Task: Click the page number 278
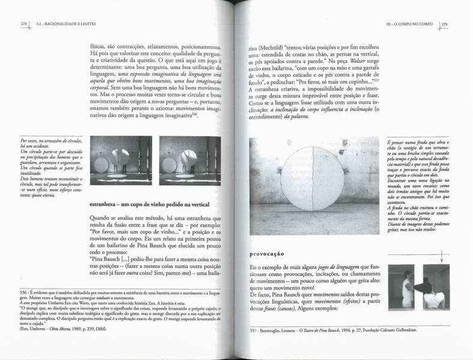tap(23, 24)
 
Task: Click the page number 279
tap(445, 24)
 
